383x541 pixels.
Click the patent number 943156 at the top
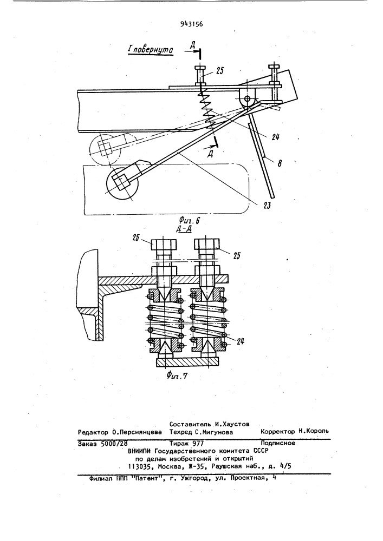(x=191, y=24)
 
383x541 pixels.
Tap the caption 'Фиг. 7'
(x=177, y=375)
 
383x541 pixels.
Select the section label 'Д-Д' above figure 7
(x=186, y=230)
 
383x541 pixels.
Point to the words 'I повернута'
(x=150, y=50)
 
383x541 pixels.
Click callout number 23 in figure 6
(x=267, y=206)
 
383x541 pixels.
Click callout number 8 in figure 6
(x=279, y=163)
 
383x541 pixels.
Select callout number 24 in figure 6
(x=275, y=137)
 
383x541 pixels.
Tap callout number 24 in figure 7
(x=241, y=341)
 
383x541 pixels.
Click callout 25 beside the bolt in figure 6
(x=219, y=71)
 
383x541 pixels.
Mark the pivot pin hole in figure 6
(x=247, y=98)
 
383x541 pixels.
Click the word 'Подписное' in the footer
(x=278, y=443)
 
